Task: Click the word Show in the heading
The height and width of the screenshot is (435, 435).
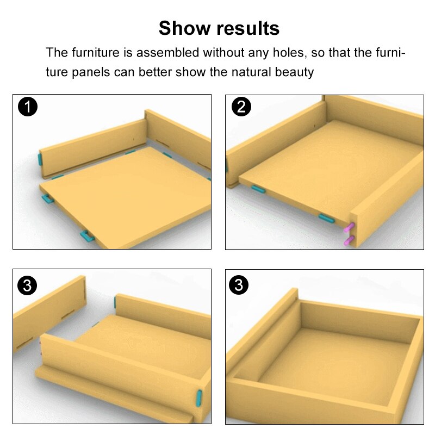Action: [184, 28]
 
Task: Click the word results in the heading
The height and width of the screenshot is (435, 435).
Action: [248, 28]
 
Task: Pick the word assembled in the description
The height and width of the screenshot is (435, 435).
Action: [168, 52]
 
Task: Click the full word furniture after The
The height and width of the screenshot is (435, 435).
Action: [96, 52]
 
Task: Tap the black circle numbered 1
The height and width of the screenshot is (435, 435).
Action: [28, 107]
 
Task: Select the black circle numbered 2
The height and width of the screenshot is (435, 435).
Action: [241, 107]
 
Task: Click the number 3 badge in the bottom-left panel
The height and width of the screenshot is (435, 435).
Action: [27, 285]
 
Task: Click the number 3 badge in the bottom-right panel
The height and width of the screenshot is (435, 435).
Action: [239, 285]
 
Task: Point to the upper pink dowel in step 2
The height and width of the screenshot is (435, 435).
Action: [349, 227]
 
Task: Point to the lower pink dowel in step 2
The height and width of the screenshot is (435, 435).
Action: [349, 240]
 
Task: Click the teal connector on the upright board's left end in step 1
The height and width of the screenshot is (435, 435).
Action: [40, 159]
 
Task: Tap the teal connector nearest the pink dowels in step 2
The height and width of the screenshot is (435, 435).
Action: [326, 218]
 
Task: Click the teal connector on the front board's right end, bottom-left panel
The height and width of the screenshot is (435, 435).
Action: [199, 398]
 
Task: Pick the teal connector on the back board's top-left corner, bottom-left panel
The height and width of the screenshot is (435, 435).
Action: [115, 302]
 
